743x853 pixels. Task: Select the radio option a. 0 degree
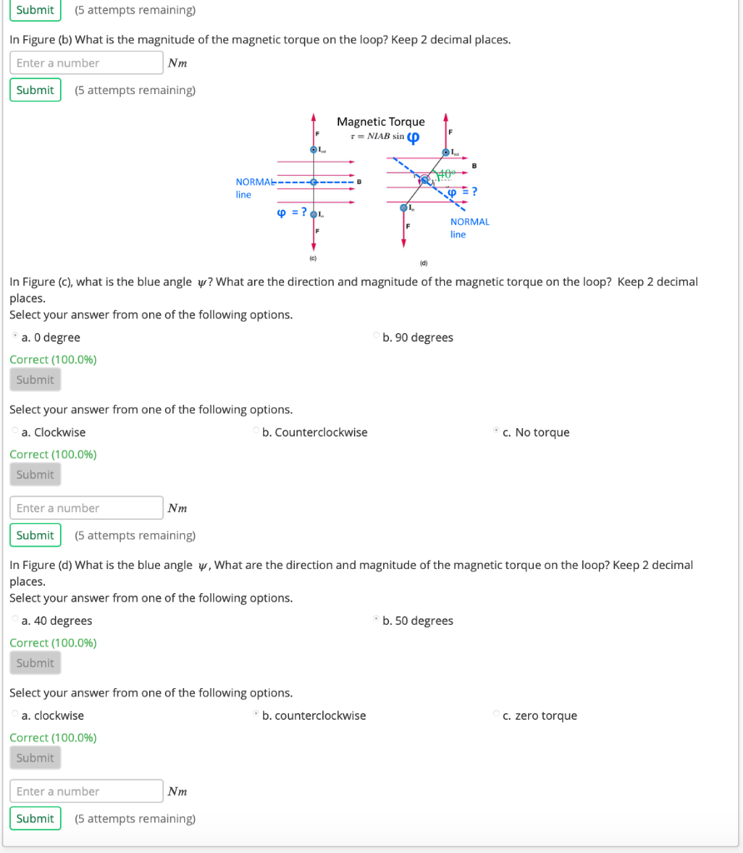point(15,337)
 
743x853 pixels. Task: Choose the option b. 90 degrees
point(376,337)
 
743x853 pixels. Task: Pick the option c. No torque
point(496,431)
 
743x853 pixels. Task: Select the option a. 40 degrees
point(15,621)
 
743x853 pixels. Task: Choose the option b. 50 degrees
point(376,621)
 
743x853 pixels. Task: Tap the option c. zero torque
point(496,715)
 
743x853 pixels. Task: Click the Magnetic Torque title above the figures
point(381,122)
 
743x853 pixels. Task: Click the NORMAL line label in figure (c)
point(254,187)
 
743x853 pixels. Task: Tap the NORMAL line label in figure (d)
point(469,227)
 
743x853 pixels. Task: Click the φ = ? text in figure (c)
point(291,212)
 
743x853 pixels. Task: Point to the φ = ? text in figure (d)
point(462,192)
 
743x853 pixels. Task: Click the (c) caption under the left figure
point(313,258)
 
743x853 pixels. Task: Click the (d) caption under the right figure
point(423,263)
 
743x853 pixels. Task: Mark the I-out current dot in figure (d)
point(446,153)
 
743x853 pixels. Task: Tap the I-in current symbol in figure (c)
point(313,214)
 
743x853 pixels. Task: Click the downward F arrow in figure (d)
point(404,233)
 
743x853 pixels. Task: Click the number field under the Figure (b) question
point(87,62)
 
